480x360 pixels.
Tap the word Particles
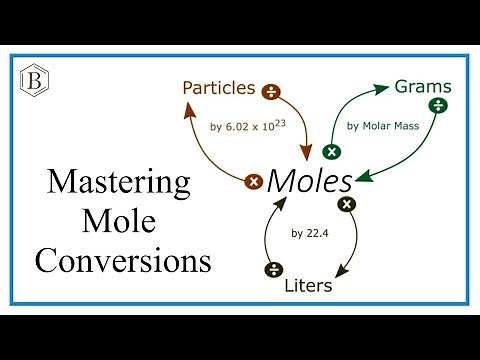tap(218, 87)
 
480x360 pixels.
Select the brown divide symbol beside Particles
tap(270, 92)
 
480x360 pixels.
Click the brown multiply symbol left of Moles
tap(254, 182)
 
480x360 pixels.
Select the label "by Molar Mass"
tap(380, 127)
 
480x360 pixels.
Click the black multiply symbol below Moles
tap(347, 204)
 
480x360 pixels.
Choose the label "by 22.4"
tap(310, 234)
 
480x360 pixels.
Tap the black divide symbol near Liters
tap(271, 268)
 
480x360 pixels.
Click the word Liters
tap(306, 285)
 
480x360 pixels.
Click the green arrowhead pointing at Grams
tap(383, 90)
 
